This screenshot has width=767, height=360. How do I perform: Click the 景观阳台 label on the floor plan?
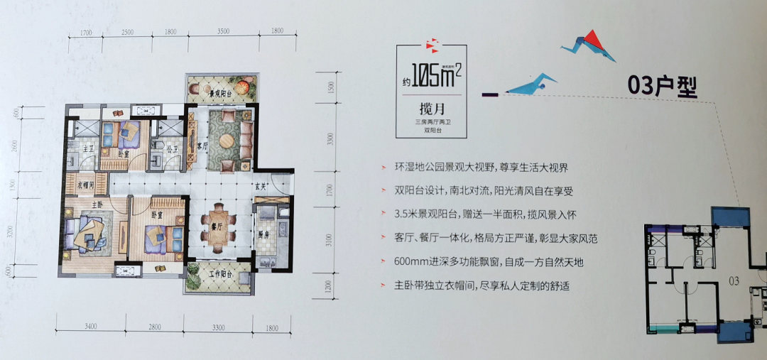pyautogui.click(x=213, y=94)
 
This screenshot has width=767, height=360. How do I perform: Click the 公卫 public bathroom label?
pyautogui.click(x=171, y=150)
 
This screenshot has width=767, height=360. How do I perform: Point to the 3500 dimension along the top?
pyautogui.click(x=222, y=32)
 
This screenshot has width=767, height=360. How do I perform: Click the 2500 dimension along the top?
pyautogui.click(x=128, y=32)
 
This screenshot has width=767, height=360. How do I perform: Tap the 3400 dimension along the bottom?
pyautogui.click(x=89, y=327)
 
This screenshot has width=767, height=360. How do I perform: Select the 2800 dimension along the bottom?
pyautogui.click(x=156, y=327)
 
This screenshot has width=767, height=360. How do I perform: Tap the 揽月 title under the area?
pyautogui.click(x=432, y=110)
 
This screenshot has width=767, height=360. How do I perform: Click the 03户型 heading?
pyautogui.click(x=663, y=85)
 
